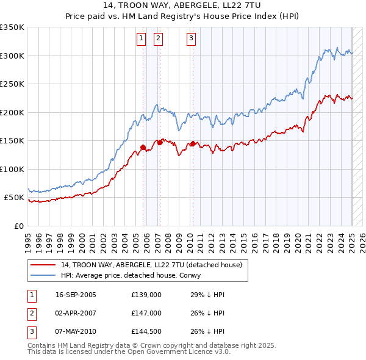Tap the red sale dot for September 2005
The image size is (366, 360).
[143, 147]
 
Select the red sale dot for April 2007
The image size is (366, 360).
[160, 142]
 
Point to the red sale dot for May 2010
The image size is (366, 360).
[193, 144]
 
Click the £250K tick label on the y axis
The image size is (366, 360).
[12, 84]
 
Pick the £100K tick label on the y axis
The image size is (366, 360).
[12, 170]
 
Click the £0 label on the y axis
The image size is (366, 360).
[18, 226]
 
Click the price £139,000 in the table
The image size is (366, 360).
[146, 295]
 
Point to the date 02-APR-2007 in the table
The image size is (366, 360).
[76, 312]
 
